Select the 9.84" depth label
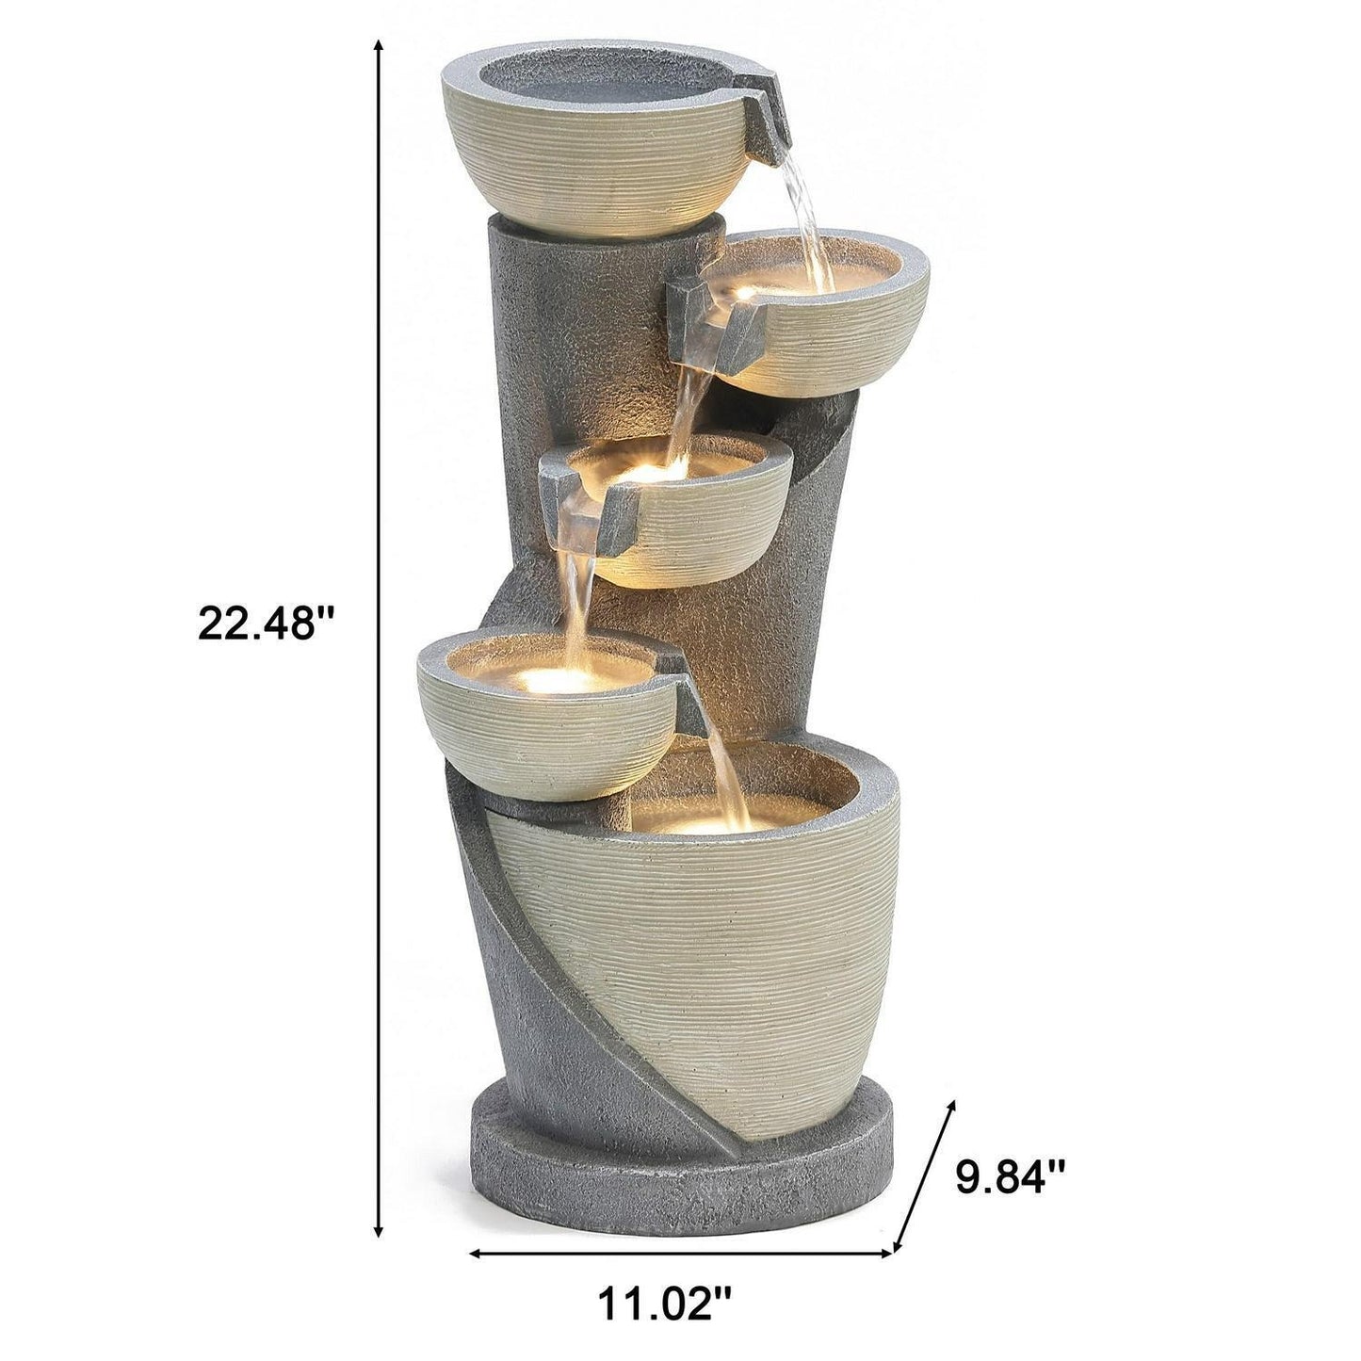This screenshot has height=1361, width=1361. [x=1011, y=1176]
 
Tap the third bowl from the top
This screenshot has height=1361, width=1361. [x=702, y=527]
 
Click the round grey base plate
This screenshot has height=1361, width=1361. [x=678, y=1177]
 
